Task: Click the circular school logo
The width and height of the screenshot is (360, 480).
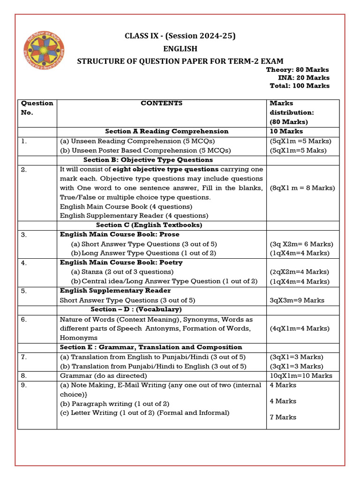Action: tap(45, 49)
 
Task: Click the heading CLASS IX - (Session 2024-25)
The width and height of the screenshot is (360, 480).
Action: tap(180, 36)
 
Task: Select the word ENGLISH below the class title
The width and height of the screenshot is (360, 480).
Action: tap(180, 49)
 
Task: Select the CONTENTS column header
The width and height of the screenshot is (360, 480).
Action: tap(162, 103)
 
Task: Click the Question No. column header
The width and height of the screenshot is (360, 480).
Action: tap(37, 108)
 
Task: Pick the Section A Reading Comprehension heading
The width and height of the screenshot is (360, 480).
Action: tap(167, 131)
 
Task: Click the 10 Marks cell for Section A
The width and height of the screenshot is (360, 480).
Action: tap(286, 131)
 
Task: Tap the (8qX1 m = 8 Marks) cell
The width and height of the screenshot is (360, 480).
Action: tap(302, 188)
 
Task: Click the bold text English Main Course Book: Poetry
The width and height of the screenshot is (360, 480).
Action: tap(121, 262)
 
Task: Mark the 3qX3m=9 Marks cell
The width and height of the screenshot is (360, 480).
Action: tap(297, 300)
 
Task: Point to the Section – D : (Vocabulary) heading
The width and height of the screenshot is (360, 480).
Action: tap(136, 309)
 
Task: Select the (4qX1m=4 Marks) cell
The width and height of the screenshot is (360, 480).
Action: tap(300, 328)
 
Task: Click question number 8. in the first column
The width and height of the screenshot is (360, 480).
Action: tap(24, 375)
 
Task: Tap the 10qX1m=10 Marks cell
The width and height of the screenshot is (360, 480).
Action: tap(301, 375)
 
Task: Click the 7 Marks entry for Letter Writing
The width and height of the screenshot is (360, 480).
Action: tap(283, 417)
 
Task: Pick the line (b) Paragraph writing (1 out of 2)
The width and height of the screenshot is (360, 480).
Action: tap(115, 404)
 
